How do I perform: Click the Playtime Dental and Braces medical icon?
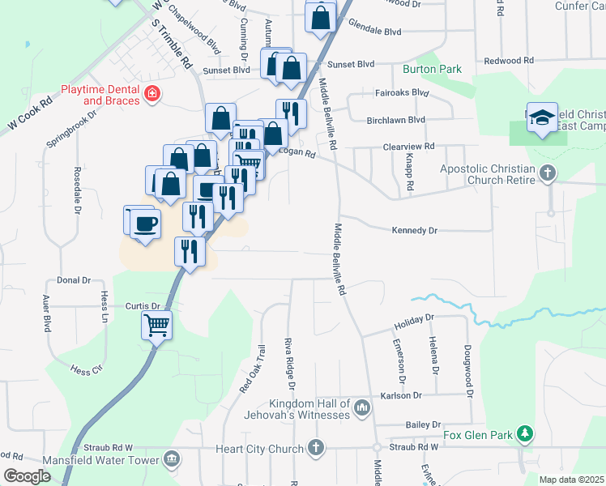point(151,96)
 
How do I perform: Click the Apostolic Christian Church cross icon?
point(548,173)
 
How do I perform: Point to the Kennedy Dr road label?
point(414,231)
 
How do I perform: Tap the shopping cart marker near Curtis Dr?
point(157,326)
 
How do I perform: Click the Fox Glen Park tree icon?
point(525,435)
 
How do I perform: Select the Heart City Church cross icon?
point(316,448)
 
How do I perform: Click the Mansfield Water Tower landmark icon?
point(171,460)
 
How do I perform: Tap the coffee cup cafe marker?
point(145,223)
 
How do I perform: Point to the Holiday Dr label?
point(414,321)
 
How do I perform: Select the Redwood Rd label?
point(509,61)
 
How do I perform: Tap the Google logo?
point(26,476)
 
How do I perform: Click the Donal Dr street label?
point(74,280)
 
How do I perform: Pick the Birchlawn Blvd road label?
point(395,120)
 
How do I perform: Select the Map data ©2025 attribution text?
point(571,480)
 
